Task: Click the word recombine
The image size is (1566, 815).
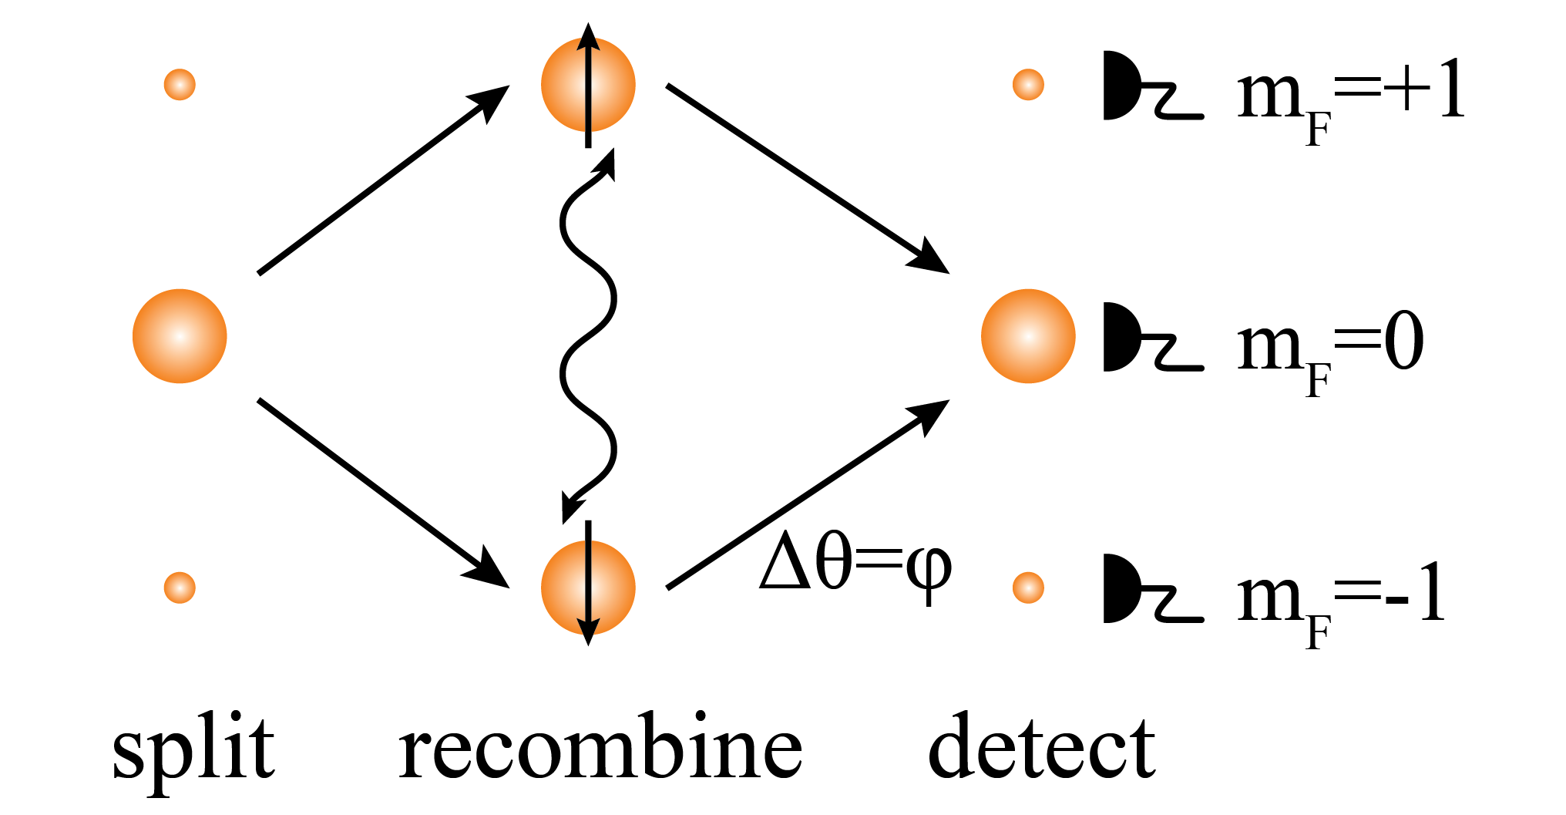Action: (x=600, y=746)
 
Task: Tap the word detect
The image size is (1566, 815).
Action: (x=1042, y=746)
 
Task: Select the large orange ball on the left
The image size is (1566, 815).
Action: (x=180, y=336)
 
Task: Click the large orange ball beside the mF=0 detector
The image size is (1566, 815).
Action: (x=1028, y=336)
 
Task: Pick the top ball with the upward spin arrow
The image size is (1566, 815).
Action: (x=588, y=85)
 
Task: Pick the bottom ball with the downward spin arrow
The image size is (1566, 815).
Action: (x=588, y=588)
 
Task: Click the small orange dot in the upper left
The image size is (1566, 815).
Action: (x=180, y=84)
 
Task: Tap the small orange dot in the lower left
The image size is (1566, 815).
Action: (x=180, y=588)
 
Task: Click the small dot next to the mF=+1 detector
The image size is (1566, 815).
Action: (x=1028, y=84)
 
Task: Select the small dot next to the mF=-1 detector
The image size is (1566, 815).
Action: (x=1028, y=588)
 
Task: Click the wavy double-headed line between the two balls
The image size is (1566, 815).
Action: (x=587, y=336)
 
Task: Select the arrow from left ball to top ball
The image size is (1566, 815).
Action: (x=383, y=180)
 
